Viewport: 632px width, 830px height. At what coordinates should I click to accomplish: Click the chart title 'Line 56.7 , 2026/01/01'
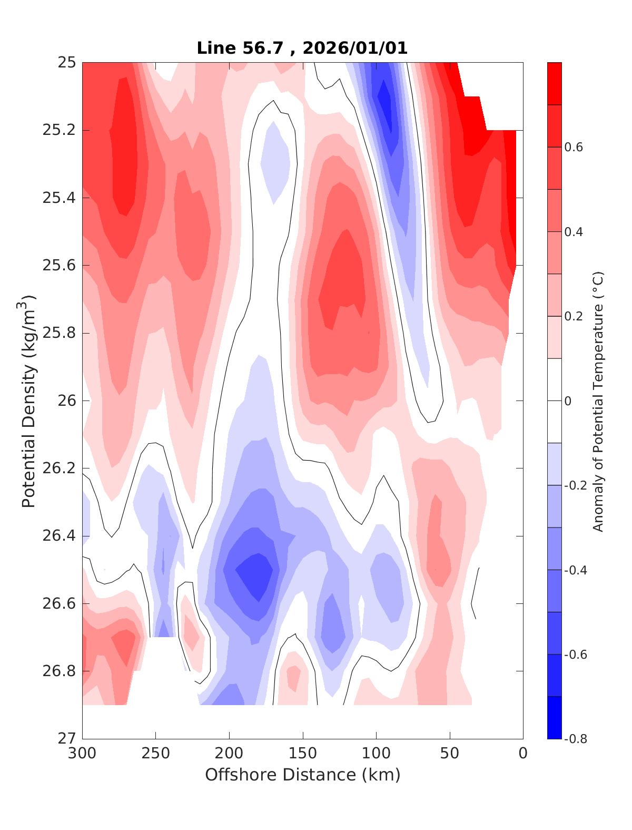tap(302, 48)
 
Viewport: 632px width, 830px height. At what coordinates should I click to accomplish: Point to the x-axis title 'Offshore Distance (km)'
tap(302, 775)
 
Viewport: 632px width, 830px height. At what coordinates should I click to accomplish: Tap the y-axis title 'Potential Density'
tap(29, 401)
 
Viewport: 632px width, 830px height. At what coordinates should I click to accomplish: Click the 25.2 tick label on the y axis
tap(58, 130)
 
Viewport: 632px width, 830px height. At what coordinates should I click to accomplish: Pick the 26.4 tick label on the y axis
tap(58, 536)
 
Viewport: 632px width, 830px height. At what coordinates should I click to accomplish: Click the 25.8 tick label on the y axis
tap(58, 333)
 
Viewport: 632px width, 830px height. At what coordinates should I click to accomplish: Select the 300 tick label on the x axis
tap(83, 753)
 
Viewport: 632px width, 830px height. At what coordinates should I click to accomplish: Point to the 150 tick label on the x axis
tap(303, 753)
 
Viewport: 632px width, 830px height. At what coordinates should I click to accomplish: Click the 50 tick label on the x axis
tap(450, 753)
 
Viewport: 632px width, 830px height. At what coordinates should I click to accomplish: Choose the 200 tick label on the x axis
tap(230, 753)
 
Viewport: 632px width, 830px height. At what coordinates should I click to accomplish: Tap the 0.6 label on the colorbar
tap(574, 148)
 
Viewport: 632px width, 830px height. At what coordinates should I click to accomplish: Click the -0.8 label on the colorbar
tap(576, 738)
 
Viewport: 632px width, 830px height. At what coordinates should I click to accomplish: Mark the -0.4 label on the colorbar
tap(576, 570)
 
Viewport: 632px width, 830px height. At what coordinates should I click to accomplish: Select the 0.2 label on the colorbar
tap(574, 316)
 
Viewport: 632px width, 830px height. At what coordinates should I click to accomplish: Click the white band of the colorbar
tap(554, 401)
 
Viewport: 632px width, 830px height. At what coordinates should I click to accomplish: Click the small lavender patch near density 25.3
tap(275, 161)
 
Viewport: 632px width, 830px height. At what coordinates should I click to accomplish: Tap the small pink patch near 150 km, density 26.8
tap(293, 677)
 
